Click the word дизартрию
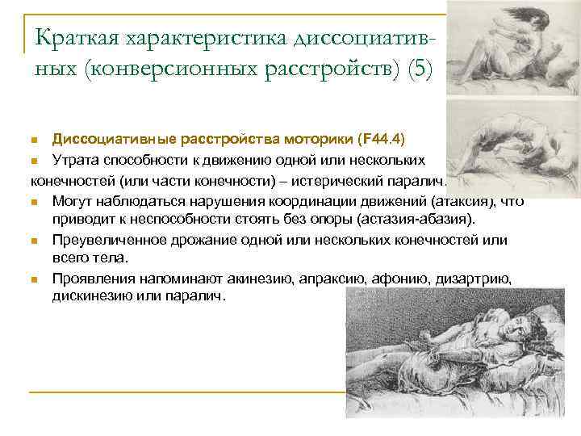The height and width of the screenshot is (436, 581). pos(468,279)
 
